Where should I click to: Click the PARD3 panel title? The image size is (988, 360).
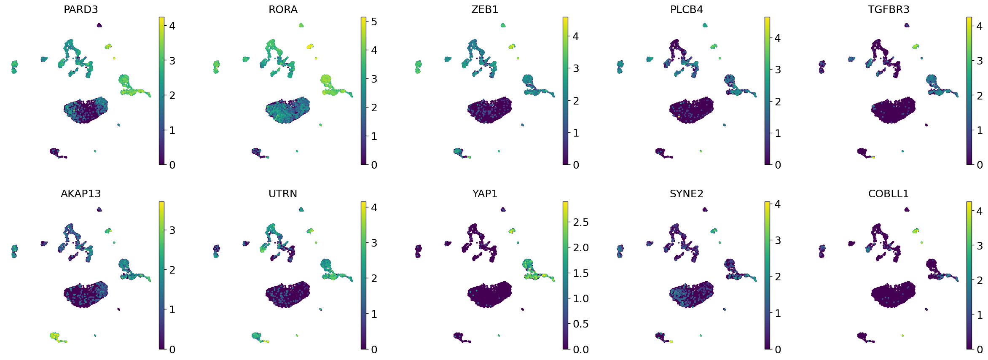point(81,10)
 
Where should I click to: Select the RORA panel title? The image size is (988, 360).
point(283,10)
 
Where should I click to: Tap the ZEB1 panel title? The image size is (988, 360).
point(485,10)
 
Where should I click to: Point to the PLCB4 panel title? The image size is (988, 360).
point(686,10)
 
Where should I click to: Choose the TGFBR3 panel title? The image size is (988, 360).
point(889,10)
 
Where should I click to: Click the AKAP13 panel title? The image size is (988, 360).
point(81,194)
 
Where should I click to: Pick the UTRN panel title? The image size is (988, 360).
point(283,194)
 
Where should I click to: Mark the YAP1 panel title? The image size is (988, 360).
point(485,194)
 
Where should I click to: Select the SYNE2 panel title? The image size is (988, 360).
point(686,194)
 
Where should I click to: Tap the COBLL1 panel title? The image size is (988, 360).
point(889,194)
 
